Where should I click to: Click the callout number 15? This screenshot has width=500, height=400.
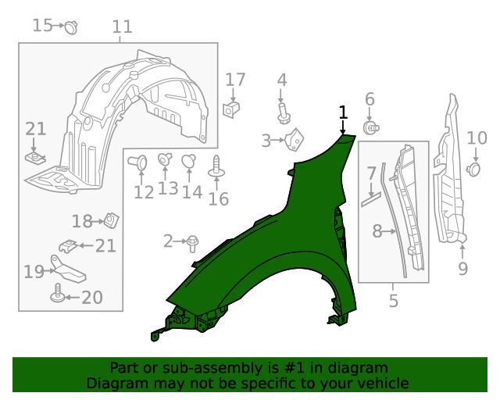pos(42,26)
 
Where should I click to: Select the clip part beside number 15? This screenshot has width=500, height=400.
pos(72,27)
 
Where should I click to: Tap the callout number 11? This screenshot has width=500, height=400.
pos(122,27)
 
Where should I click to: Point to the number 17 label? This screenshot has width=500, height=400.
pos(235,80)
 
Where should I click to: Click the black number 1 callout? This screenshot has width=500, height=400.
pos(343,113)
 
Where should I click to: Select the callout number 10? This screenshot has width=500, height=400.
pos(477,139)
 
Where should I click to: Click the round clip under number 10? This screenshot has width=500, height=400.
pos(473,168)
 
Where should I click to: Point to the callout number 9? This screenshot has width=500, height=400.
pos(462,269)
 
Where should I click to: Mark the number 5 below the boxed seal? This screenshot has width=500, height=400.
pos(393,299)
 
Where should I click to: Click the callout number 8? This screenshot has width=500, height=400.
pos(377,231)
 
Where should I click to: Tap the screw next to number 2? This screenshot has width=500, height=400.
pos(192,243)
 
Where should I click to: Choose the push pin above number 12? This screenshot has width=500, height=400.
pos(140,163)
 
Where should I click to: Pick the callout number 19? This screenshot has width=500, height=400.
pos(33,272)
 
